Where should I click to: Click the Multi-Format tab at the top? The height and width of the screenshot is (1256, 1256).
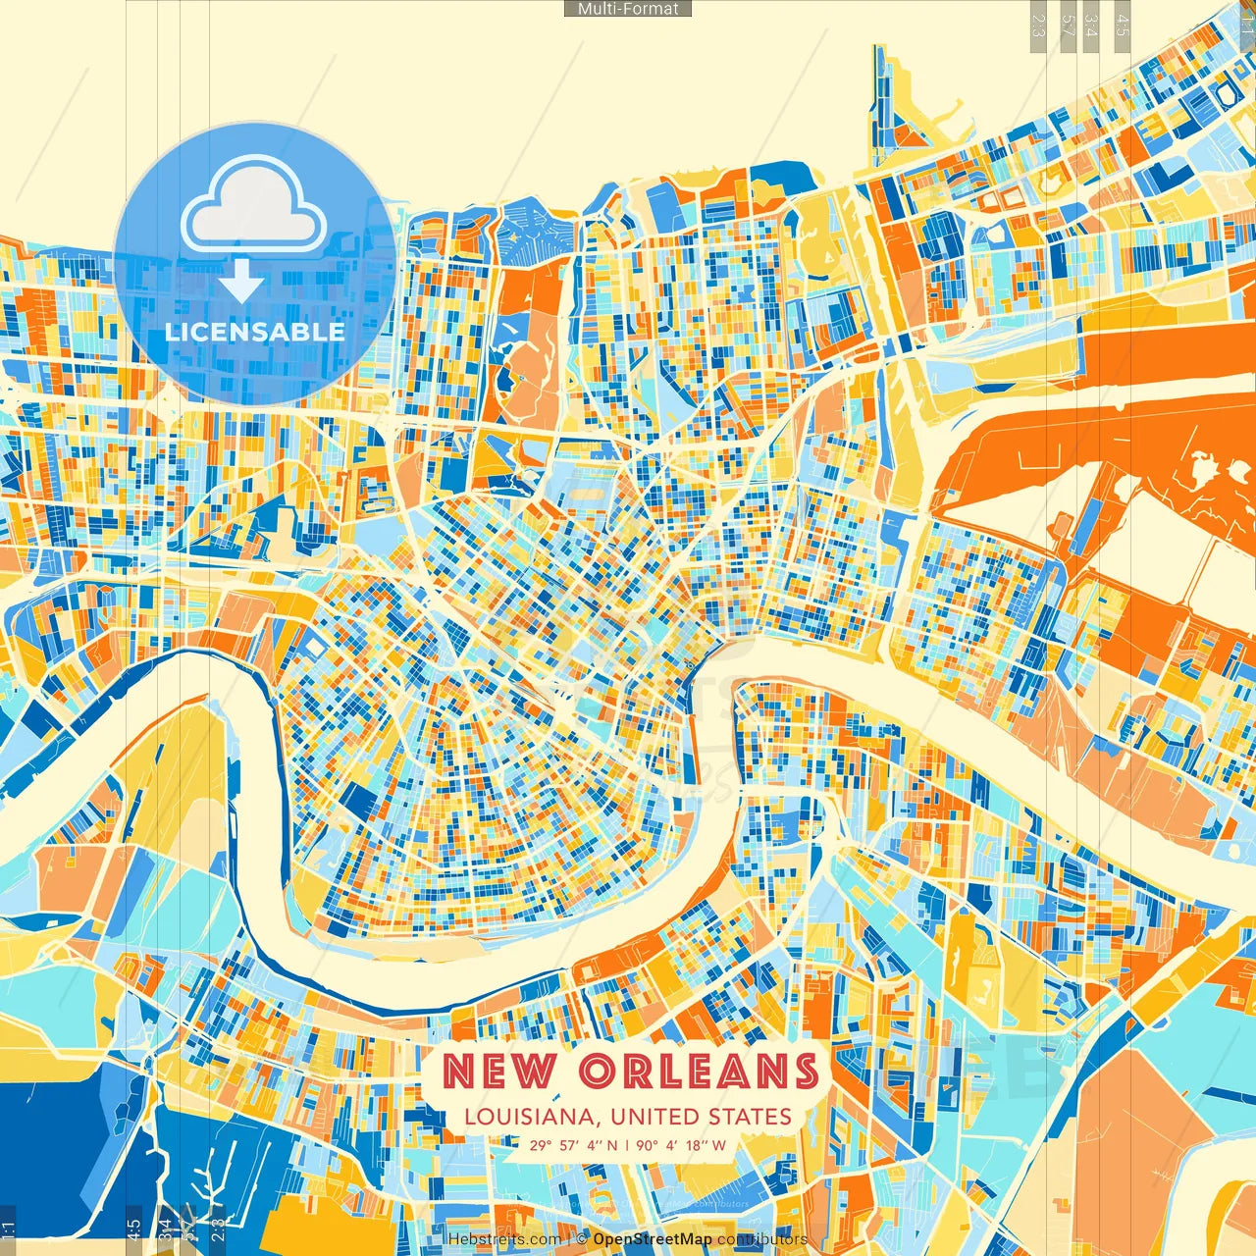click(628, 9)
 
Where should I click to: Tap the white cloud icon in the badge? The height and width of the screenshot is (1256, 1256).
click(254, 207)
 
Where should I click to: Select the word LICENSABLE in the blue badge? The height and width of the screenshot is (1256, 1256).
click(254, 332)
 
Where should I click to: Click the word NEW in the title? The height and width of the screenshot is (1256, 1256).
click(499, 1071)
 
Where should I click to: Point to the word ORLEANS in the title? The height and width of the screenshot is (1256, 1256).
click(699, 1071)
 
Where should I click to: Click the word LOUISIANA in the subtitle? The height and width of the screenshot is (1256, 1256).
click(530, 1117)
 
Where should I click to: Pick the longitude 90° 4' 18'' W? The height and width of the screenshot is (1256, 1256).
click(682, 1145)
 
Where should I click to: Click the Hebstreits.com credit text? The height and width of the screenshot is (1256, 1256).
click(504, 1239)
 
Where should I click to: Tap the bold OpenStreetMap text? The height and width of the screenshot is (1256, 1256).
click(653, 1239)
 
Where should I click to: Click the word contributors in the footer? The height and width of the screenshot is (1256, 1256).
click(762, 1239)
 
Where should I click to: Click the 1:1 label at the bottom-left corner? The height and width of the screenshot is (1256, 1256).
click(8, 1230)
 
